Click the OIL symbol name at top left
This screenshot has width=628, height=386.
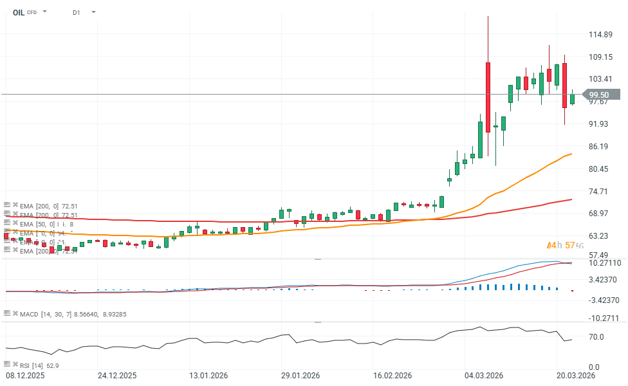click(19, 12)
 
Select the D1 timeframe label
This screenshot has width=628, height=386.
click(77, 12)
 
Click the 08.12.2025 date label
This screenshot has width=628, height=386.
click(25, 376)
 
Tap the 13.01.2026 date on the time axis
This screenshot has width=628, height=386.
click(207, 376)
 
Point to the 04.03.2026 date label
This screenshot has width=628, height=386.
click(485, 376)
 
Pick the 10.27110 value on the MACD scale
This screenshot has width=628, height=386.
click(605, 263)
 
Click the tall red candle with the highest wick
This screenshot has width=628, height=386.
click(488, 96)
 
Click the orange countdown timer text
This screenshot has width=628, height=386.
click(564, 245)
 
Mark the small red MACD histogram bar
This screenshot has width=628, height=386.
click(572, 291)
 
